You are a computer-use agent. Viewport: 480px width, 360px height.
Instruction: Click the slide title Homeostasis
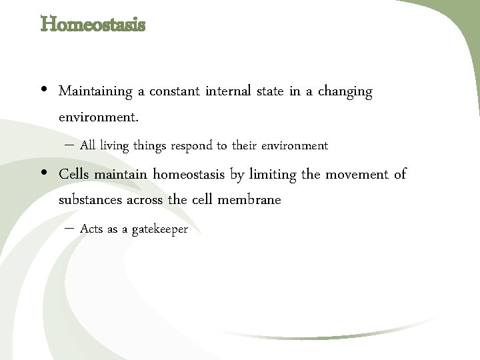coord(93,25)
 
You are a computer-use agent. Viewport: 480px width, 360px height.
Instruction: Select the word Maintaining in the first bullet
coord(96,91)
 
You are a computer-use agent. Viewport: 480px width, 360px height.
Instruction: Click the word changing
coord(345,92)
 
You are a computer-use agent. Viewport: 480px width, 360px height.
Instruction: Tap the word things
coord(151,145)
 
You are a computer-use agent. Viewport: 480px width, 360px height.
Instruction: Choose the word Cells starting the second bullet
coord(74,175)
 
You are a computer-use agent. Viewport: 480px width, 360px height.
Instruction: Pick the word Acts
coord(91,229)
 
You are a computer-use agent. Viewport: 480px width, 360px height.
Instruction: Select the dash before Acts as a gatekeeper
coord(70,229)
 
